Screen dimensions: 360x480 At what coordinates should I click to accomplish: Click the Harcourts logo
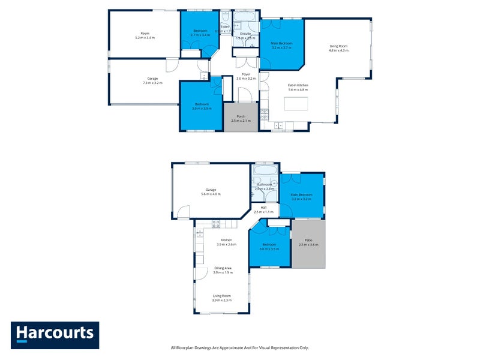(x=55, y=335)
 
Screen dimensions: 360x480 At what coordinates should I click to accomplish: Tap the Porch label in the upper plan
(x=241, y=119)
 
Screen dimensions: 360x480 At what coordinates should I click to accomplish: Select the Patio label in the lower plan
(x=308, y=242)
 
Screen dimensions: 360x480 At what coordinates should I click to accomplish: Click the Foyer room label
(x=246, y=76)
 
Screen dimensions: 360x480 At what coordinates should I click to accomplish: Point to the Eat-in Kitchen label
(x=298, y=88)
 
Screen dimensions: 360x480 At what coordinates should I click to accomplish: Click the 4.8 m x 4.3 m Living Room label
(x=338, y=48)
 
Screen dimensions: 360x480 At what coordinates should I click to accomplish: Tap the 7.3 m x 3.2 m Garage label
(x=153, y=81)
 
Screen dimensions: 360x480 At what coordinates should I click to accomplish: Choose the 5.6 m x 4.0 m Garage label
(x=211, y=192)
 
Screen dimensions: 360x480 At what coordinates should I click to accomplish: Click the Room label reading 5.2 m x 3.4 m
(x=145, y=35)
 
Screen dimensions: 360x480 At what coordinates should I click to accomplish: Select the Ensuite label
(x=245, y=35)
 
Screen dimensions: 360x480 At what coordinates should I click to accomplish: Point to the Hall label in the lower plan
(x=263, y=210)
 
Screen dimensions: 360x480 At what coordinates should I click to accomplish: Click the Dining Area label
(x=223, y=271)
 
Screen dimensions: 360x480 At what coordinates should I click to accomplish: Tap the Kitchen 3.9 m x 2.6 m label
(x=226, y=242)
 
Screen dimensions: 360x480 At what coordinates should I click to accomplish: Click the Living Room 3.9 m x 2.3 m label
(x=222, y=298)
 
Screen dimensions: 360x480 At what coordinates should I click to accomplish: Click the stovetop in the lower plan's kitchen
(x=217, y=224)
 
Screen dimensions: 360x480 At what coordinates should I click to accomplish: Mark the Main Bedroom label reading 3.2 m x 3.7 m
(x=281, y=46)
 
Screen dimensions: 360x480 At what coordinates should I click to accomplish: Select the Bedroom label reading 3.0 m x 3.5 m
(x=269, y=247)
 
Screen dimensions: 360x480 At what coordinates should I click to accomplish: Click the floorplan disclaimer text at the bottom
(x=239, y=347)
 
